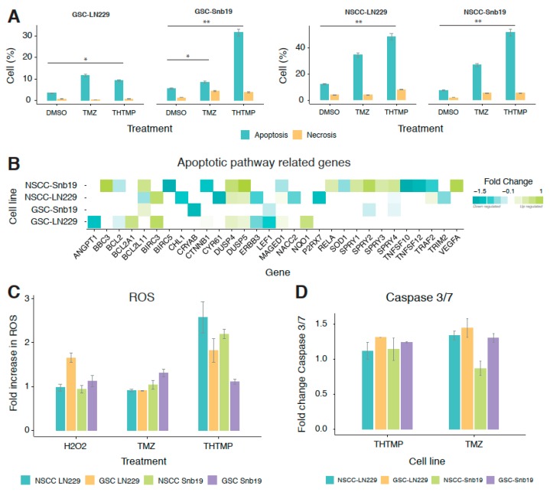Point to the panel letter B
tap(14, 164)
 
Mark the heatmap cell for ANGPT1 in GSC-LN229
tap(93, 222)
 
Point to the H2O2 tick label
tap(76, 441)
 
